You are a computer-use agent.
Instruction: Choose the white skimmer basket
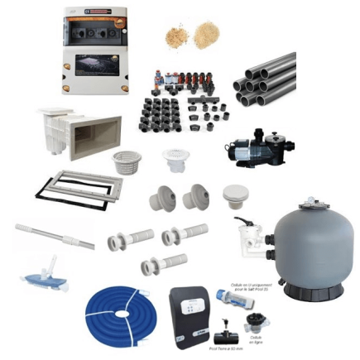(127, 161)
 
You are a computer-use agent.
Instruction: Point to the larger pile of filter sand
(201, 35)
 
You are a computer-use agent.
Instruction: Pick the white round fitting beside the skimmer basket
(175, 161)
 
